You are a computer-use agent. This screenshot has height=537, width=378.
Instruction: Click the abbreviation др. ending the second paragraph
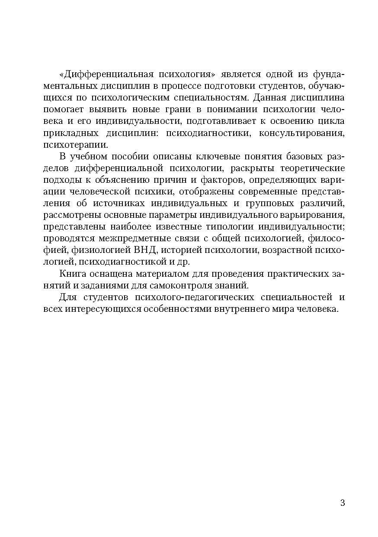point(184,262)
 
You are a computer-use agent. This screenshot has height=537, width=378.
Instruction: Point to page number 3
point(343,503)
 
